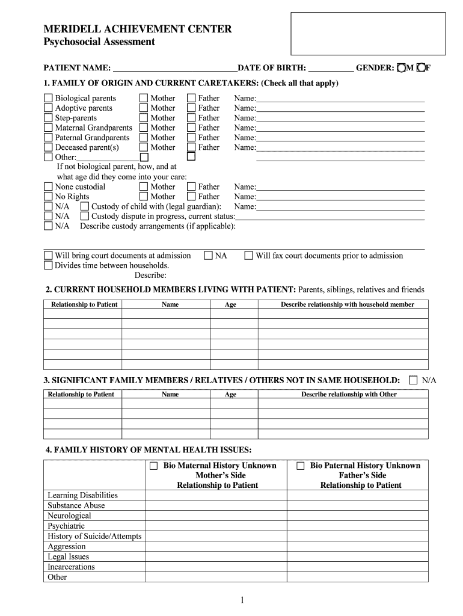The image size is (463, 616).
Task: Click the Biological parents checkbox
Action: [48, 98]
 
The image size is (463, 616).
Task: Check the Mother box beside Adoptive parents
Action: [144, 108]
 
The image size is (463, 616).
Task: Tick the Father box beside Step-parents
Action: [191, 118]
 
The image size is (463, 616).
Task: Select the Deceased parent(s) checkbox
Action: [48, 147]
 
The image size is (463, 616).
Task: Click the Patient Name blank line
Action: [175, 68]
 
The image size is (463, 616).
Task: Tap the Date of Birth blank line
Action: [330, 68]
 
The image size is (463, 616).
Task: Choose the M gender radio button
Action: [401, 68]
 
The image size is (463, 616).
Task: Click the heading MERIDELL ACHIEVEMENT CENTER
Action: [138, 29]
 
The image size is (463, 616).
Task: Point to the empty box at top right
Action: [368, 33]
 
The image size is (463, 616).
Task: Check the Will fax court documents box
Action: [248, 256]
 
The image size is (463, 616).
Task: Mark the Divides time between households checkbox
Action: [48, 265]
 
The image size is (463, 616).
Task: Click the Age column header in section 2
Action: [230, 304]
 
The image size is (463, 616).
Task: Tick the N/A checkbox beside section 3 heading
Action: [413, 380]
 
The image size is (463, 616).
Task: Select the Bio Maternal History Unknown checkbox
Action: [153, 466]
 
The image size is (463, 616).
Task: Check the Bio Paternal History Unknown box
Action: [300, 466]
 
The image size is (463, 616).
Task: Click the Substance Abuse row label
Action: [76, 505]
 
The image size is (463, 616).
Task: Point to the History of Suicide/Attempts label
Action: [94, 536]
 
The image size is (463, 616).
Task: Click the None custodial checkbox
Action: [48, 186]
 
